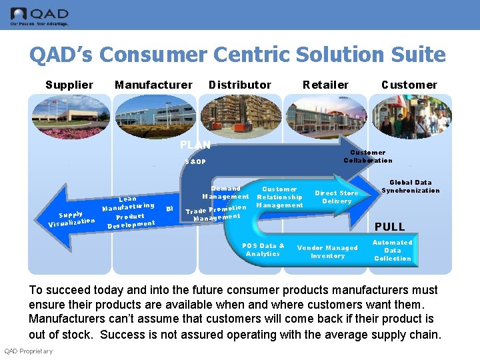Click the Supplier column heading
point(69,85)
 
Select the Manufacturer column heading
point(153,85)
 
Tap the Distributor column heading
point(240,85)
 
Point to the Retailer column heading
point(325,85)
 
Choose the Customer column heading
point(409,85)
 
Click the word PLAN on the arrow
point(195,145)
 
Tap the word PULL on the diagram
point(389,227)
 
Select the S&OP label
point(196,162)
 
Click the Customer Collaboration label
point(368,156)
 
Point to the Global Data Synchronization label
point(411,186)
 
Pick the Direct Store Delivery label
point(337,197)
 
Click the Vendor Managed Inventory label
point(327,251)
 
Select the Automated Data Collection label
point(393,250)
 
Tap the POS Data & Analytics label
point(263,249)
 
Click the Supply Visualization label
point(71,218)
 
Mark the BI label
point(169,208)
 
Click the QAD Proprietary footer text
point(29,351)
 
